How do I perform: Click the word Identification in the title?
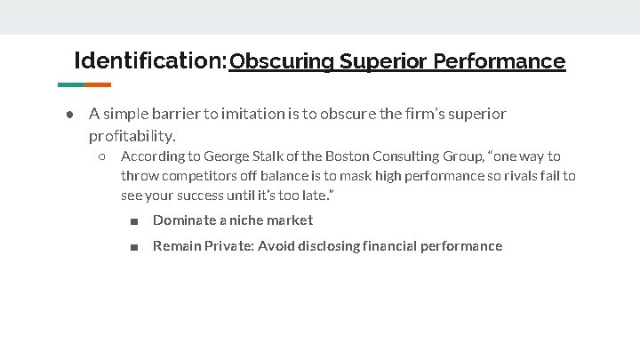click(x=149, y=60)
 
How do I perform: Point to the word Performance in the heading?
click(x=500, y=61)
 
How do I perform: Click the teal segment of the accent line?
click(x=71, y=85)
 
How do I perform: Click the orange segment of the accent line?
click(x=98, y=85)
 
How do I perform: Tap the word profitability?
click(x=132, y=136)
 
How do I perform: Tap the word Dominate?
click(x=184, y=220)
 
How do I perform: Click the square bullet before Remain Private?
click(x=132, y=247)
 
